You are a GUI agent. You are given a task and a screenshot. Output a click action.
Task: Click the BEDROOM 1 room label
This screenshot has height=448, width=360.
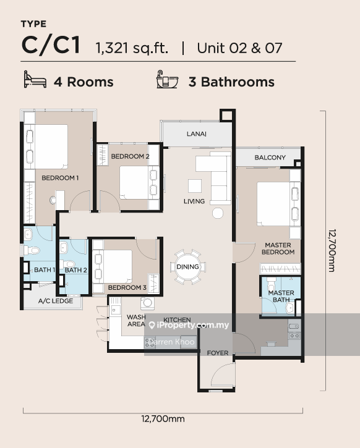click(59, 178)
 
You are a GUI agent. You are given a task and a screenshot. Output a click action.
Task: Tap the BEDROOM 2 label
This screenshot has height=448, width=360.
click(130, 157)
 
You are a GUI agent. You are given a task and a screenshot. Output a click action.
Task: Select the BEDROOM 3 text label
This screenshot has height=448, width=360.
click(127, 288)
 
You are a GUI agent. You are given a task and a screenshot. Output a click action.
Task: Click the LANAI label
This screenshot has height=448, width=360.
click(197, 134)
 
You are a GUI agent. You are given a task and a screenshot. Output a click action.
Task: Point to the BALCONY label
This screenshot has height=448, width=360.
click(270, 158)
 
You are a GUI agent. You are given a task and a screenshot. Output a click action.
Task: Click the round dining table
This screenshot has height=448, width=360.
click(187, 267)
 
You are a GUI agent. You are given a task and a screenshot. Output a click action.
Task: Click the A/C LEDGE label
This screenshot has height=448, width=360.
click(56, 302)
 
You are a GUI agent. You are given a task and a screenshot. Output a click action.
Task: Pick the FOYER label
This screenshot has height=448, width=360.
click(218, 353)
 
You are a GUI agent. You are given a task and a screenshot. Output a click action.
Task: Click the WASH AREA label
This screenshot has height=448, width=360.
click(136, 320)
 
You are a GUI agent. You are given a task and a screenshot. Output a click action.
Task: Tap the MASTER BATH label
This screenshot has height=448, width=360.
click(280, 297)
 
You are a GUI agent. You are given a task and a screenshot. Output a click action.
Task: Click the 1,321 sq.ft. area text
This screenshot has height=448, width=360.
click(131, 48)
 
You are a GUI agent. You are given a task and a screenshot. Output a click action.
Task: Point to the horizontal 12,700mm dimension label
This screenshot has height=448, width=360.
click(163, 419)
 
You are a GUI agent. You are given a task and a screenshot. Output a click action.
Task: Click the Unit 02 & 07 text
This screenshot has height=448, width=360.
click(239, 48)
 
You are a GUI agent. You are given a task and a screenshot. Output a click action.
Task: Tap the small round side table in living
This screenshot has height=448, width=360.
click(218, 213)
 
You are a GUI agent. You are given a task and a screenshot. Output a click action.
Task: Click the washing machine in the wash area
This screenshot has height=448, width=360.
click(148, 303)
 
